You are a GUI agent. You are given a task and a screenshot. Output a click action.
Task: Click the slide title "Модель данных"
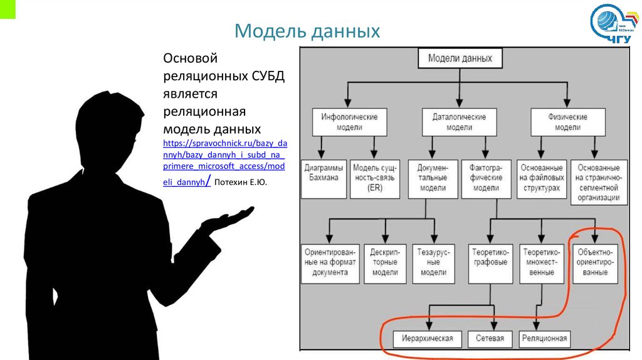(307, 31)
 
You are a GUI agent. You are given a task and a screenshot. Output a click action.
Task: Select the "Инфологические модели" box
(349, 122)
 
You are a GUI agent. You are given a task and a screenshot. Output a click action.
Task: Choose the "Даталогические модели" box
(460, 122)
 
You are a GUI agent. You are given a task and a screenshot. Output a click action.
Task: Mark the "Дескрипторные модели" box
(384, 262)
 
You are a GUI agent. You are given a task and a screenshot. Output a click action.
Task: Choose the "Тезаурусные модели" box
(433, 262)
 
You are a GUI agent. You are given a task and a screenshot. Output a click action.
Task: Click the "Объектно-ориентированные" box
(595, 262)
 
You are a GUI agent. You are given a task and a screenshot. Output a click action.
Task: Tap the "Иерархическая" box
(428, 339)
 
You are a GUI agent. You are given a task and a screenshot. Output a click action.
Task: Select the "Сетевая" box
(490, 339)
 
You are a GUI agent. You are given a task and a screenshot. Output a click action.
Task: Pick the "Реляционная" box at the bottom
(544, 339)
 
